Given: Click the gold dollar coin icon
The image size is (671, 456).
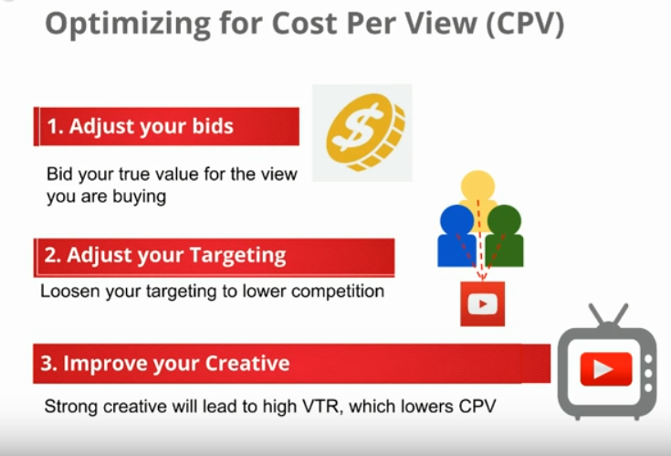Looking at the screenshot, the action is [x=365, y=132].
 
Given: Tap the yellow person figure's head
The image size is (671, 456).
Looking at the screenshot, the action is [x=478, y=186].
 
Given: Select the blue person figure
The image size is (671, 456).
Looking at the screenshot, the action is [x=456, y=236].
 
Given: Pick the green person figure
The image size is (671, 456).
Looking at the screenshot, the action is [x=505, y=236].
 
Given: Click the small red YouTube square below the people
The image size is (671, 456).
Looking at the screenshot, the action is [x=482, y=304].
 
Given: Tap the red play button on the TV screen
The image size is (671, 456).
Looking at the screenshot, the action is [x=605, y=369].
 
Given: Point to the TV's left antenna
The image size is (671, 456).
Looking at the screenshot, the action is [x=597, y=314].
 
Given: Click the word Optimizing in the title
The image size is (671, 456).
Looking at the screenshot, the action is [x=128, y=24].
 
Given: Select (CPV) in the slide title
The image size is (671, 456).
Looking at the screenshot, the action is [x=526, y=23].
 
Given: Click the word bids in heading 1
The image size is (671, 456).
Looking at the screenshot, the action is [x=213, y=126].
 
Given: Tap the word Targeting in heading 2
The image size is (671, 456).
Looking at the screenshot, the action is [x=237, y=256].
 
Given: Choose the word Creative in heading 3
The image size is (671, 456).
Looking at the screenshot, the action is [x=247, y=363].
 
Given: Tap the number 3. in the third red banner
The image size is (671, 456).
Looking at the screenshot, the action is [x=48, y=363].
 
